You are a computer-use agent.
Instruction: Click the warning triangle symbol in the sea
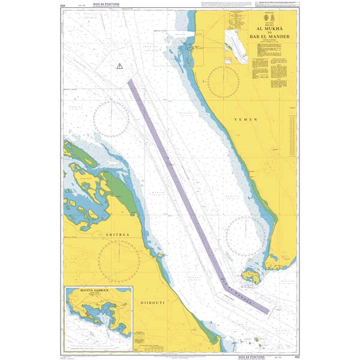[x=119, y=65]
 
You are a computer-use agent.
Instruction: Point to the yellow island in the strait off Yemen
[x=250, y=277]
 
